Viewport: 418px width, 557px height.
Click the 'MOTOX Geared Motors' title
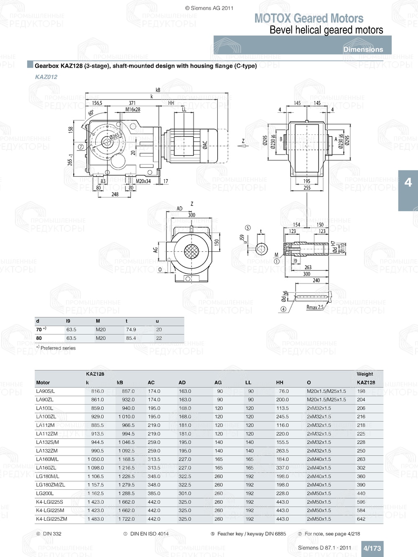click(308, 18)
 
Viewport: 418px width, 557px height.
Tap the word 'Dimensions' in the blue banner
click(363, 49)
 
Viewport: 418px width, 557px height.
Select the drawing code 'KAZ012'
click(46, 77)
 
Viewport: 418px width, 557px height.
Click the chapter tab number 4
click(408, 182)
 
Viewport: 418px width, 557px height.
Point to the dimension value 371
click(132, 103)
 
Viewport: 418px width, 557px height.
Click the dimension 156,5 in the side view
click(97, 103)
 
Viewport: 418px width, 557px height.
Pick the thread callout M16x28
click(133, 110)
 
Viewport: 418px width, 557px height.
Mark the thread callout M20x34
click(143, 181)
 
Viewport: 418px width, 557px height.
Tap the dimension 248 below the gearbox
click(115, 194)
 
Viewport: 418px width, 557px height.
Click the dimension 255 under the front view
click(307, 188)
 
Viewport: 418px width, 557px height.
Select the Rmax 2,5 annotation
click(315, 307)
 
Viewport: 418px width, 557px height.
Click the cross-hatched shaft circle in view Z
click(192, 253)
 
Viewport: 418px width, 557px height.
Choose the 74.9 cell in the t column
click(131, 330)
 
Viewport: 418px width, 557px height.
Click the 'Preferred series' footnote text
click(58, 348)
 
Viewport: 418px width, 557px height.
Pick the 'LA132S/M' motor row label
click(47, 442)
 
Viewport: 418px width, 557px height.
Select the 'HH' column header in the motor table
click(280, 382)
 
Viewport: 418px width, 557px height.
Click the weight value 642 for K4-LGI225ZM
click(361, 519)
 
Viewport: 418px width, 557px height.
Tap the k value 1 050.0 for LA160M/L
click(95, 459)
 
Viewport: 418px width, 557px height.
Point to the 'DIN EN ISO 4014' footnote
click(149, 534)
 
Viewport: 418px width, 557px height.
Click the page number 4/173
click(372, 548)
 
